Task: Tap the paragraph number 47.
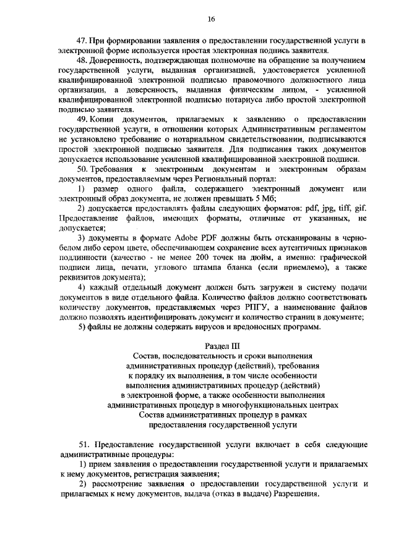pyautogui.click(x=82, y=40)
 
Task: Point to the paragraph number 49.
pyautogui.click(x=82, y=119)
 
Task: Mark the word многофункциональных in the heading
pyautogui.click(x=260, y=405)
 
